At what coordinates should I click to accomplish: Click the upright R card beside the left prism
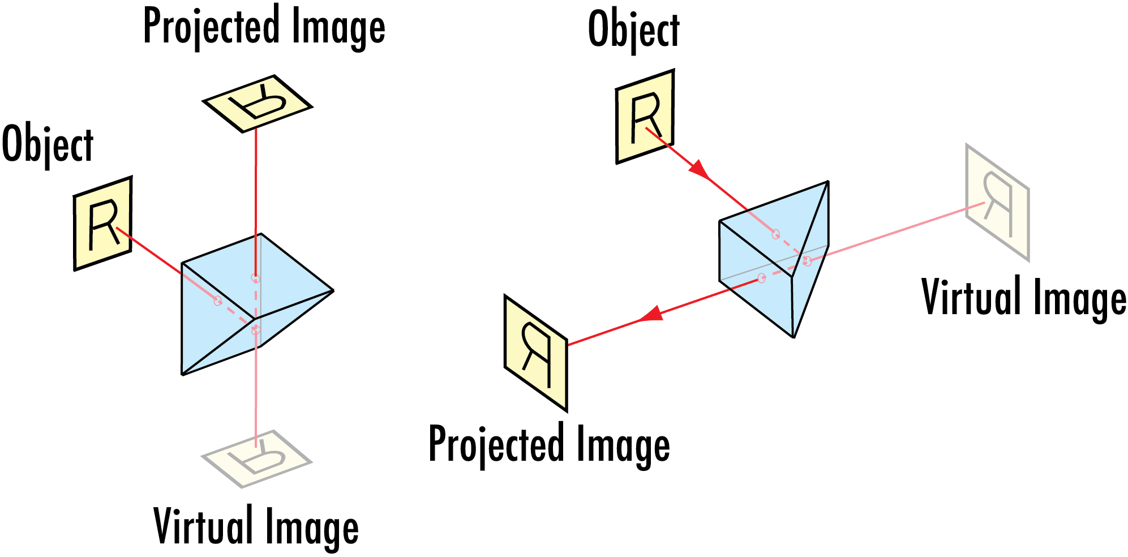103,224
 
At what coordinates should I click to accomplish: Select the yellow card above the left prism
258,104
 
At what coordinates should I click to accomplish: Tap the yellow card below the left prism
256,459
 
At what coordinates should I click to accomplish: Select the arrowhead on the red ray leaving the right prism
651,314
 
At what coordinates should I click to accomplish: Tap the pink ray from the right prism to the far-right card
894,232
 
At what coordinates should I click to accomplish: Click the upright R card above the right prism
645,117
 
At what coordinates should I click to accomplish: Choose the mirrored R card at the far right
997,203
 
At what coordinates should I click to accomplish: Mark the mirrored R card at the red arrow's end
535,353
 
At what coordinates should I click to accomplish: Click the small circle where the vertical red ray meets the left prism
256,278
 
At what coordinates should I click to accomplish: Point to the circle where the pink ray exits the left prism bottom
256,329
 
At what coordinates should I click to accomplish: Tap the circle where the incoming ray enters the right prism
775,234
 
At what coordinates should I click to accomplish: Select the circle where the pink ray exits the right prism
807,261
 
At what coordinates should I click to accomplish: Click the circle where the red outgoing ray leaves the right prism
761,278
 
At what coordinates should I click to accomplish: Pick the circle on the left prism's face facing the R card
218,301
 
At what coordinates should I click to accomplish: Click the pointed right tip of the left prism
329,291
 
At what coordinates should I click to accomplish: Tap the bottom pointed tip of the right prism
792,335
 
